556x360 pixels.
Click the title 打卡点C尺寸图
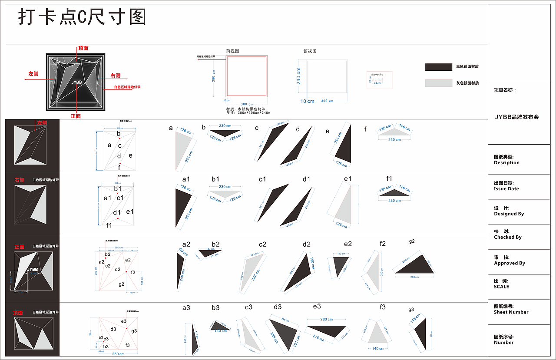click(82, 18)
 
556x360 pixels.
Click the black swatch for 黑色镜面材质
click(438, 67)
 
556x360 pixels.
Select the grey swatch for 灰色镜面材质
click(438, 83)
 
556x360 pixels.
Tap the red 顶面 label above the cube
click(83, 48)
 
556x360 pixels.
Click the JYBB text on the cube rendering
click(76, 82)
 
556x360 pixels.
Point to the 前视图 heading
click(232, 51)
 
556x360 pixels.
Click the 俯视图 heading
click(310, 51)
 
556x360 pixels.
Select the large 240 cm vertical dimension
click(299, 76)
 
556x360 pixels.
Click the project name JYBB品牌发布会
click(517, 117)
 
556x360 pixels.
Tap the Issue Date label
click(506, 189)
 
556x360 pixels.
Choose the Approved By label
click(509, 263)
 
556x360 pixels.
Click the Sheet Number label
click(511, 312)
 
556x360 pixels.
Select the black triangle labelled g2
click(417, 266)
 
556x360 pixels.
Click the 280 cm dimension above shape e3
click(327, 319)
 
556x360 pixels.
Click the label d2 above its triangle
click(307, 244)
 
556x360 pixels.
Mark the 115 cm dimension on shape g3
click(415, 318)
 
